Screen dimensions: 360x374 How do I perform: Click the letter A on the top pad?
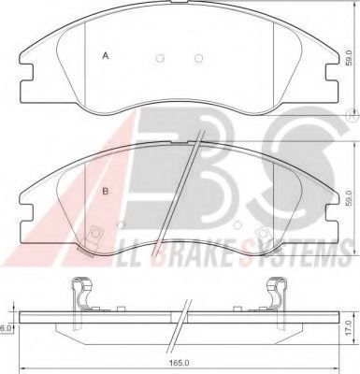[x=106, y=56]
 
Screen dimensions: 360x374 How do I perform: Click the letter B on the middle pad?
[x=106, y=191]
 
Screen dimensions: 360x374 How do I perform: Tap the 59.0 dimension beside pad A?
[x=350, y=58]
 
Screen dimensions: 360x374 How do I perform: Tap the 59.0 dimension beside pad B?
[x=350, y=198]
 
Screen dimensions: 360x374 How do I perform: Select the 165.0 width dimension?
[x=179, y=364]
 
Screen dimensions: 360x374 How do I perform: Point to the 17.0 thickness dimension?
[x=350, y=327]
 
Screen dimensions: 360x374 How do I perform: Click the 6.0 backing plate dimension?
[x=6, y=328]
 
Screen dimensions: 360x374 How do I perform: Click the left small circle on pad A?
[x=160, y=58]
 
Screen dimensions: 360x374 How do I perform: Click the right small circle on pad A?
[x=198, y=58]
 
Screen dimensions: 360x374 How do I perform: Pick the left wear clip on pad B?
[x=91, y=240]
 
